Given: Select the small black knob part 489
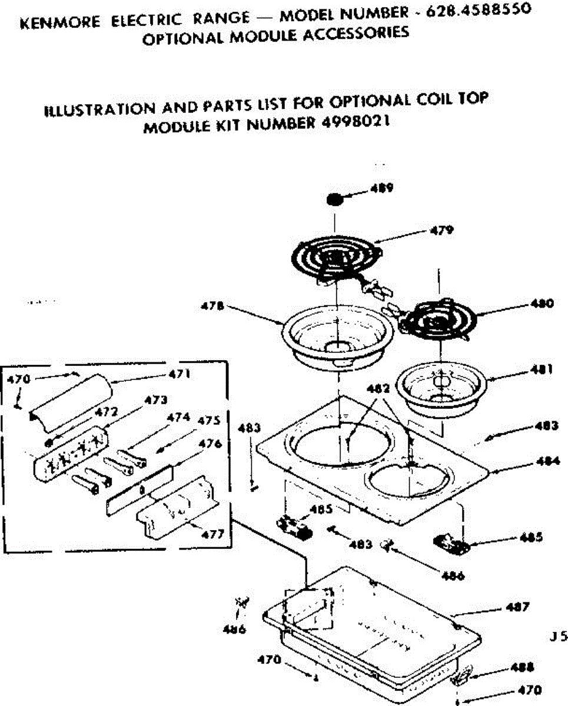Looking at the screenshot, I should pyautogui.click(x=336, y=199).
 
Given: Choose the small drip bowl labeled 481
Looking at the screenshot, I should pyautogui.click(x=438, y=384).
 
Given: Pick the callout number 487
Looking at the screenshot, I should pyautogui.click(x=518, y=607).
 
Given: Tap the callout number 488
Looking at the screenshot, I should pyautogui.click(x=521, y=667).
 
